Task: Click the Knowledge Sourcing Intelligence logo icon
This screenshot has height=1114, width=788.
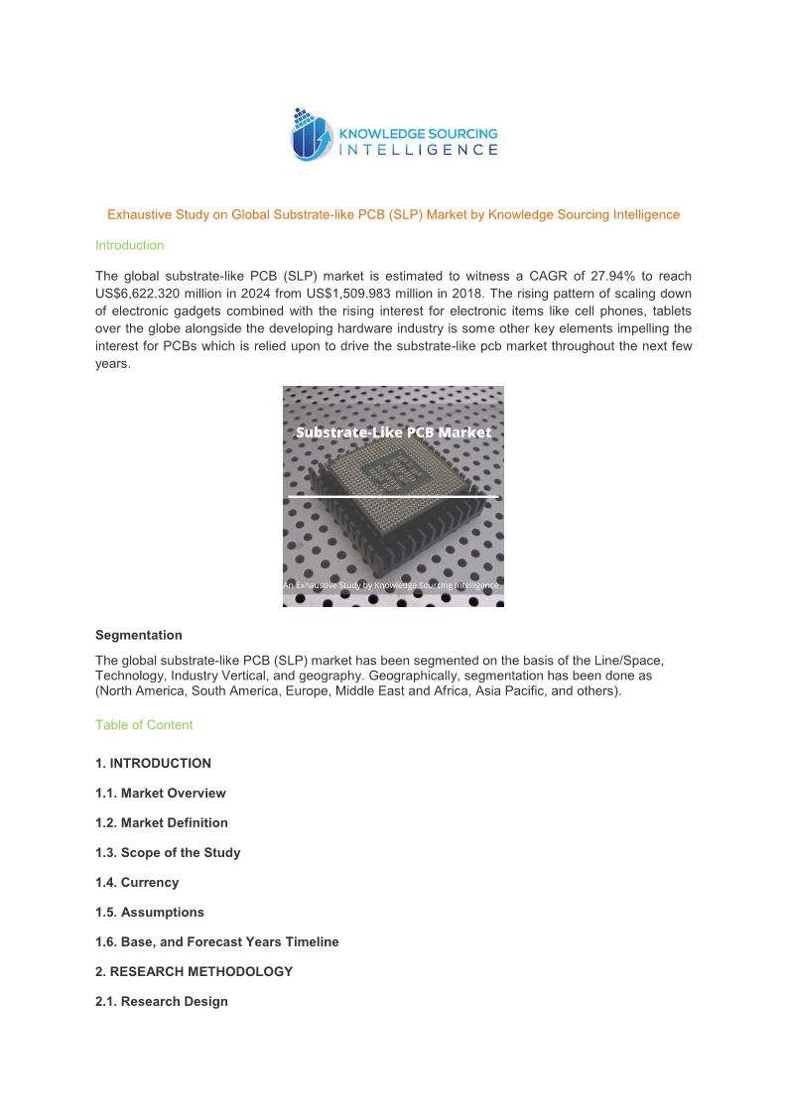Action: click(311, 135)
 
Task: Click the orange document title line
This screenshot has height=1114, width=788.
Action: click(393, 214)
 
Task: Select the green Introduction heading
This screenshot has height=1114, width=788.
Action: click(129, 245)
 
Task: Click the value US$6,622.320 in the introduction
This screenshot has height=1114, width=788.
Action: click(137, 294)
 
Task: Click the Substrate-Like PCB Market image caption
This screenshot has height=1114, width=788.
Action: click(393, 433)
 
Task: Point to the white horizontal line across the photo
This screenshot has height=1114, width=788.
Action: click(393, 495)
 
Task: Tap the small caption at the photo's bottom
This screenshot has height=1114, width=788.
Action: click(391, 586)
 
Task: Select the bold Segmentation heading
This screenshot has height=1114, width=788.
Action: click(138, 635)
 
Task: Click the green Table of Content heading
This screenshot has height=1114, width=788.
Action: click(144, 725)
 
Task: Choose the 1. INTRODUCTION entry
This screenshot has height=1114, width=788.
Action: click(153, 764)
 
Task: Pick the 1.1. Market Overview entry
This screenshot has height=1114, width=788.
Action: click(160, 794)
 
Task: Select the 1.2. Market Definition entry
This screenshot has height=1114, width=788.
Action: click(161, 823)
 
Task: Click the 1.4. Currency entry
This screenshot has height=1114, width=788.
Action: click(137, 883)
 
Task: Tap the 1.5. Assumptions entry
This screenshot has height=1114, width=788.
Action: click(149, 913)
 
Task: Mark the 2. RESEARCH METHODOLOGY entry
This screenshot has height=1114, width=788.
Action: click(194, 972)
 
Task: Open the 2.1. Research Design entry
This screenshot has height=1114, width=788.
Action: click(161, 1002)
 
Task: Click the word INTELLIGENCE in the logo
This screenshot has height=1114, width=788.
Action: click(419, 150)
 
